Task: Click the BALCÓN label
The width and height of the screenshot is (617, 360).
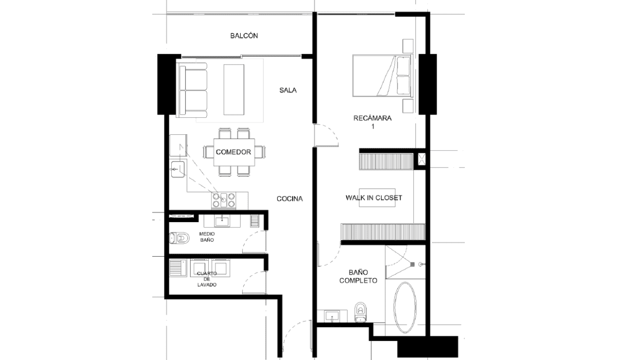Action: (244, 35)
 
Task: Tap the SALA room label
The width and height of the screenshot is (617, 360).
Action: (288, 90)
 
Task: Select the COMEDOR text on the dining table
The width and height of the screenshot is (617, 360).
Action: (233, 152)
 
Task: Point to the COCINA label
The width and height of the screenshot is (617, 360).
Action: (289, 199)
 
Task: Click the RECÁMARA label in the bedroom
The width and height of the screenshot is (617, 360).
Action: (372, 118)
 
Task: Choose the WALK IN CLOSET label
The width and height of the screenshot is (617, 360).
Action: (374, 198)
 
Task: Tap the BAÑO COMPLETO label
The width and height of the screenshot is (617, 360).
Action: (358, 277)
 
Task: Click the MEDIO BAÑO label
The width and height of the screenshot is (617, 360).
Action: (207, 237)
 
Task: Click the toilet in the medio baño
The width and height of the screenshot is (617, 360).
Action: (179, 238)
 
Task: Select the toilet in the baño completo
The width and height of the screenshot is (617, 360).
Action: (360, 312)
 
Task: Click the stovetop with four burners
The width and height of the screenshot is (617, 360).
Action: (224, 200)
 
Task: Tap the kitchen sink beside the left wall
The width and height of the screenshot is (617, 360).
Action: (178, 169)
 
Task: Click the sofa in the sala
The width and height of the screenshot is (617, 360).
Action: (192, 91)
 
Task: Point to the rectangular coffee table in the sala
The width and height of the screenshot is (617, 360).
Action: (234, 89)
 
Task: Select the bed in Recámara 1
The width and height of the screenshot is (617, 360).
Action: (383, 76)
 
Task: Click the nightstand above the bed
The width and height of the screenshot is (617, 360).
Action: (408, 46)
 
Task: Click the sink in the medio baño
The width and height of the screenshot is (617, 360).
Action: (222, 221)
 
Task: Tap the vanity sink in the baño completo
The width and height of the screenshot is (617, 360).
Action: (332, 316)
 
